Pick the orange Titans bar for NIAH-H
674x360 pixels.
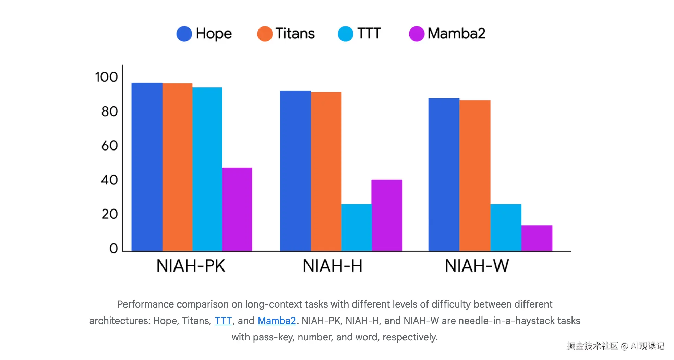click(x=326, y=171)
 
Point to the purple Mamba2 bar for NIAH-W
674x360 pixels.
click(x=537, y=238)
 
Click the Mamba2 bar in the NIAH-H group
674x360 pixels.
click(x=387, y=215)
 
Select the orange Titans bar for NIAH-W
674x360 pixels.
click(x=475, y=176)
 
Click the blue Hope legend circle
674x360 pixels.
click(x=184, y=34)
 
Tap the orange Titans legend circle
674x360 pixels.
click(x=265, y=34)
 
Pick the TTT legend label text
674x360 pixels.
click(x=369, y=34)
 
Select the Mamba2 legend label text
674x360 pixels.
click(x=456, y=34)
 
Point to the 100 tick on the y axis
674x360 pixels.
click(x=106, y=77)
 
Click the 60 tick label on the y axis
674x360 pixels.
click(x=109, y=146)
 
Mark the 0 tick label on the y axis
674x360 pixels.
click(x=113, y=248)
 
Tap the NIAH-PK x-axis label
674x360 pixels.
click(x=191, y=266)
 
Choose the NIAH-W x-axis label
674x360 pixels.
click(x=477, y=266)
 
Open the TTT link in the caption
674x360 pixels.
click(x=223, y=321)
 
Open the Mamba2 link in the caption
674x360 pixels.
click(x=277, y=321)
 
